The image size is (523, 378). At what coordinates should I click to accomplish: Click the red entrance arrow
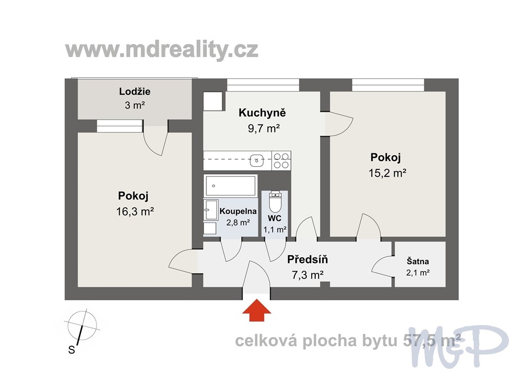[x=256, y=310]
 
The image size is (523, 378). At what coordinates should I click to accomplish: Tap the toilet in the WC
[x=275, y=202]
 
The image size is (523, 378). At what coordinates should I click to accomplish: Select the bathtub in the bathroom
[x=230, y=186]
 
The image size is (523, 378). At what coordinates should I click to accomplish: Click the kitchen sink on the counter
[x=257, y=161]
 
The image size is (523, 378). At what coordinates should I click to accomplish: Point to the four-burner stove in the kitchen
[x=281, y=161]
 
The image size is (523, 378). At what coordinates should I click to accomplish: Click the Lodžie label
[x=135, y=91]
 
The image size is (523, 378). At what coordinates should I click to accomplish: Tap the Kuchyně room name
[x=262, y=113]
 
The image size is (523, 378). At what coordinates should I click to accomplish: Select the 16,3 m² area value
[x=135, y=211]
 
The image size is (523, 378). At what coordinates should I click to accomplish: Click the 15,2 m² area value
[x=387, y=173]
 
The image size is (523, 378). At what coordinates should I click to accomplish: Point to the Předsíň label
[x=307, y=259]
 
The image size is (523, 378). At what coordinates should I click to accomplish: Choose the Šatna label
[x=418, y=261]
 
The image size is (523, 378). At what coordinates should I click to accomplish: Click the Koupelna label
[x=238, y=211]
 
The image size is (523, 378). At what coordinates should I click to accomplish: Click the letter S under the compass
[x=72, y=350]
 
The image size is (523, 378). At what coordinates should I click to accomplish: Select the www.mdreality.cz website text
[x=162, y=50]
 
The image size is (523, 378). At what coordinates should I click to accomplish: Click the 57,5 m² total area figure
[x=432, y=341]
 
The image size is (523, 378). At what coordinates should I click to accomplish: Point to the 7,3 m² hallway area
[x=307, y=275]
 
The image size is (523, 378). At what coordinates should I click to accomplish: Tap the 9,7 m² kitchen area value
[x=264, y=128]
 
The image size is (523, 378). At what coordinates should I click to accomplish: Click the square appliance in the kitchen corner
[x=213, y=101]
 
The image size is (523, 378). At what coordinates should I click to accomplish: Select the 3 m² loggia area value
[x=135, y=105]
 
